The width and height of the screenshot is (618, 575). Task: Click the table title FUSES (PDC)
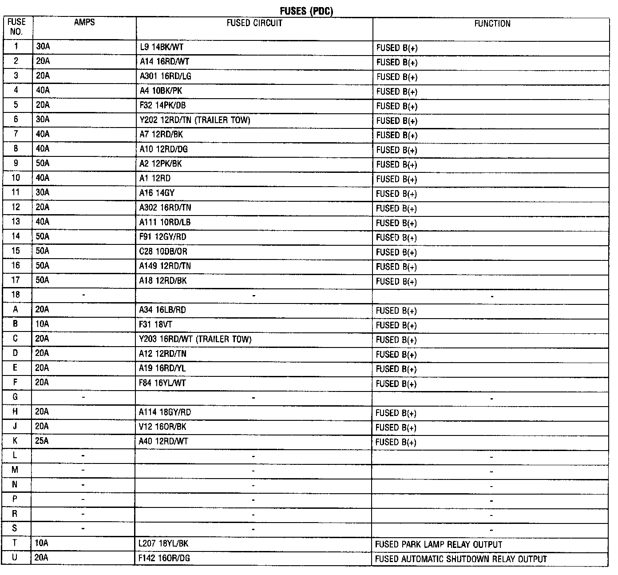click(306, 11)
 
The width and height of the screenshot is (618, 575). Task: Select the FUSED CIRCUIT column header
click(254, 23)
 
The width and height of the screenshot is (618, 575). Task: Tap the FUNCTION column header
click(492, 24)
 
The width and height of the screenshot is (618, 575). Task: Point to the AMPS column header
click(84, 22)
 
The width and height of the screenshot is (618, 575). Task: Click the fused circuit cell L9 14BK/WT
click(162, 47)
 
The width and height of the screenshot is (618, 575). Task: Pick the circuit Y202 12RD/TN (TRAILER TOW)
click(195, 120)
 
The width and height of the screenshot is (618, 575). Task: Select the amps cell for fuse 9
click(43, 164)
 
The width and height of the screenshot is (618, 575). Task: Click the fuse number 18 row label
click(16, 295)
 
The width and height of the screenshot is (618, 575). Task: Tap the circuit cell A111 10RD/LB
click(165, 222)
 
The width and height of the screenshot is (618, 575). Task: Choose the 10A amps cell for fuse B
click(42, 324)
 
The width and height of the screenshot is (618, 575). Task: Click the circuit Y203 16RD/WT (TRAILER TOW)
click(195, 339)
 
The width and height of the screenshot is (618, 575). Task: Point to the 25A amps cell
click(42, 441)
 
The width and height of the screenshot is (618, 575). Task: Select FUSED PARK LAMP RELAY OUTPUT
click(439, 544)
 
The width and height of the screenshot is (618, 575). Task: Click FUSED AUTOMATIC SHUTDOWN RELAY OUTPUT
click(461, 559)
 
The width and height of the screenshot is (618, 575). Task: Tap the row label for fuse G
click(15, 397)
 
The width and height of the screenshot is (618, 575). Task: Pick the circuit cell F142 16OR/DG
click(164, 558)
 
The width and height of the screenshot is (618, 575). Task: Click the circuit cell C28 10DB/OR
click(163, 252)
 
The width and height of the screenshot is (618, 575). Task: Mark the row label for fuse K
click(15, 441)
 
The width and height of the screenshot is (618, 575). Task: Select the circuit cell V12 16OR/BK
click(162, 427)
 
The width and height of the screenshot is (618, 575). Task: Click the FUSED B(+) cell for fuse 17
click(396, 281)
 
